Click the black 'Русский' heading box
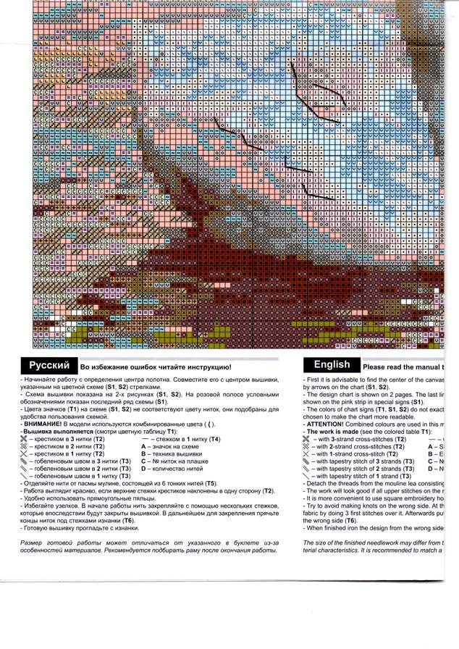49,366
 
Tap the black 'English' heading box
332,365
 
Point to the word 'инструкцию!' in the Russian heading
210,369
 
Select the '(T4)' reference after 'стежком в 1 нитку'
214,439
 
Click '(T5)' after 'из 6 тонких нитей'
210,483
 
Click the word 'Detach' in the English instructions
317,483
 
